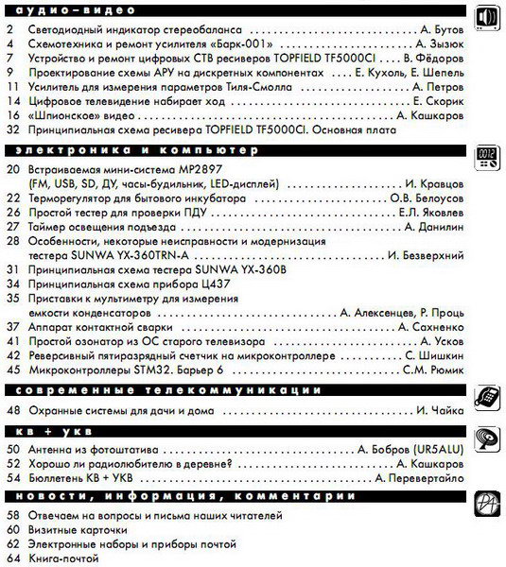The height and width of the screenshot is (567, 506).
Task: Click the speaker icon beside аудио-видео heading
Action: pyautogui.click(x=486, y=18)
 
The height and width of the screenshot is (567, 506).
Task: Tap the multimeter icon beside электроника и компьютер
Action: pyautogui.click(x=486, y=157)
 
